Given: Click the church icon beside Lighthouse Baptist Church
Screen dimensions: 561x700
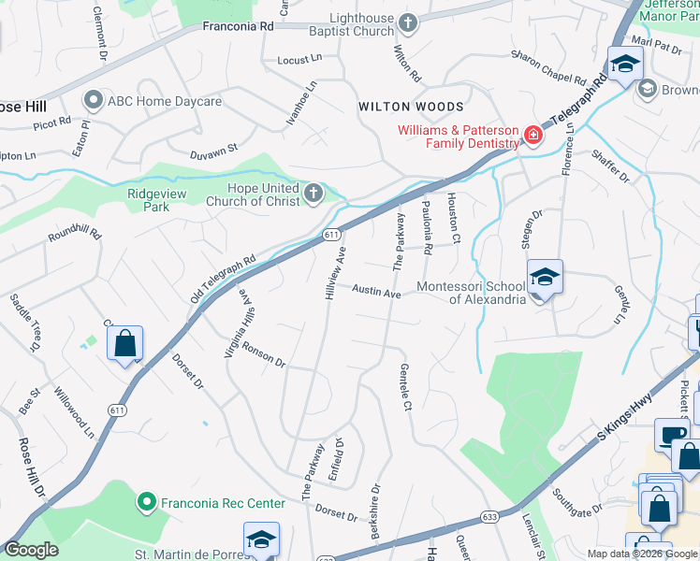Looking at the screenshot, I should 407,22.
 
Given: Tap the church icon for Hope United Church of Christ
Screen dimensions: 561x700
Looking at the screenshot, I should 314,194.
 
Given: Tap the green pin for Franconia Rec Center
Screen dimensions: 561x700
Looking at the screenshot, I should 146,503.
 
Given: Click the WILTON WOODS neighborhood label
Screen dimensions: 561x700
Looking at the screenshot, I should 411,108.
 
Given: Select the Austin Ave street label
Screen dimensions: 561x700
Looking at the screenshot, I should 376,292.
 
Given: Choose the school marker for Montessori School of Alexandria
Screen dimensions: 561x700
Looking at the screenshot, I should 545,278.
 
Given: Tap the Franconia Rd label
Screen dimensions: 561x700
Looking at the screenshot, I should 239,28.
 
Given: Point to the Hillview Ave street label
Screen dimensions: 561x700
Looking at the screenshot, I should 335,274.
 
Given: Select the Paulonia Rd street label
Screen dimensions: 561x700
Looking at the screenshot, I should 427,229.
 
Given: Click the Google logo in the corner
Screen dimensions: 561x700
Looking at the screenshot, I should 32,550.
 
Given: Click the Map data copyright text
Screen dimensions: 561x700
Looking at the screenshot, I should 642,554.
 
